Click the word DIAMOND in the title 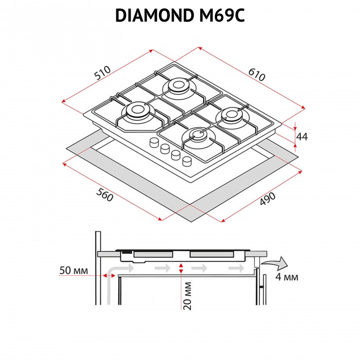coord(153,16)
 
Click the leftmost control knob coord(154,142)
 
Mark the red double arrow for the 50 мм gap coord(109,276)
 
